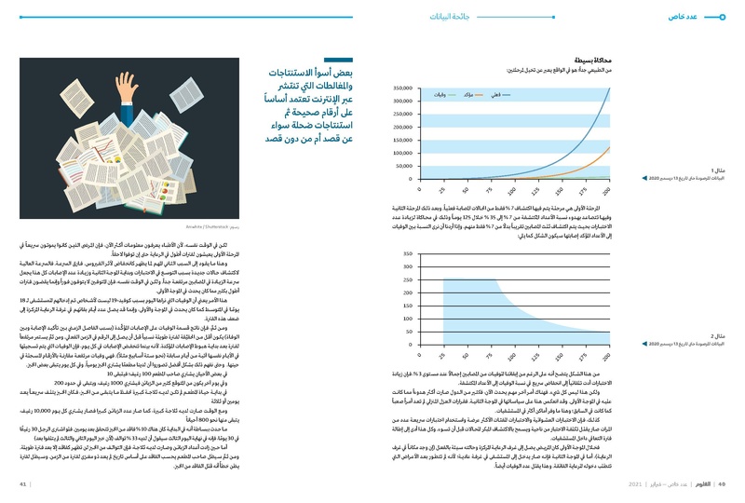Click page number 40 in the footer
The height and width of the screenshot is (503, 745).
pyautogui.click(x=720, y=484)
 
